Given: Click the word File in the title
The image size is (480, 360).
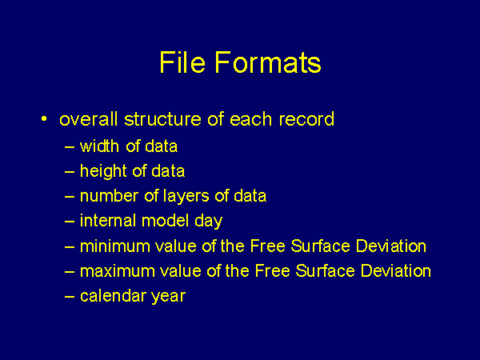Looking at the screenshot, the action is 182,62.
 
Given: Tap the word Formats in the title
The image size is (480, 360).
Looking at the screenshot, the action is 268,62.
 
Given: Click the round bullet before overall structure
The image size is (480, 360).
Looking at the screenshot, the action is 44,118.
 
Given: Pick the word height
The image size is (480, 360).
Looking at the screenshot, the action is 103,171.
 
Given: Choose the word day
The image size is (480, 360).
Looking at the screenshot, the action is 209,222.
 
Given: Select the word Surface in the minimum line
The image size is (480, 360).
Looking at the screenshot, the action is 320,246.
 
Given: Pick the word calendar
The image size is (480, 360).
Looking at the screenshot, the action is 113,296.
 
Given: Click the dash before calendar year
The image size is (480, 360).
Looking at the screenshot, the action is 70,296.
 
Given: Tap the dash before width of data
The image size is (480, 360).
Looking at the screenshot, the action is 70,146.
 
